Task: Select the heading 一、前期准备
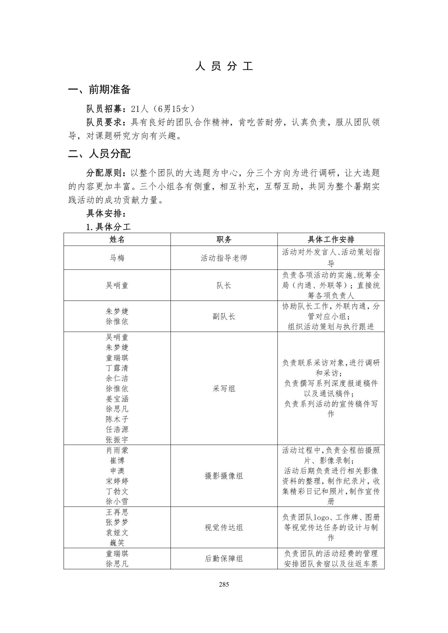pos(99,90)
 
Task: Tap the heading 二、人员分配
pos(99,154)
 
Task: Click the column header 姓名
pos(117,239)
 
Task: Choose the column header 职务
pos(224,239)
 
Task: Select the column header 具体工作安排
pos(331,239)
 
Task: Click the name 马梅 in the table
pos(117,258)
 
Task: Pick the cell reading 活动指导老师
pos(224,258)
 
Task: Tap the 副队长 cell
pos(224,316)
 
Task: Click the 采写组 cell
pos(224,389)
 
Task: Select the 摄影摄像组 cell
pos(224,476)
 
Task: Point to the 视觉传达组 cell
pos(224,527)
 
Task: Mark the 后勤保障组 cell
pos(224,559)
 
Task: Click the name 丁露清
pos(117,368)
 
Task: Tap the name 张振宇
pos(117,439)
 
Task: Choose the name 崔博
pos(117,460)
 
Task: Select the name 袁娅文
pos(117,532)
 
